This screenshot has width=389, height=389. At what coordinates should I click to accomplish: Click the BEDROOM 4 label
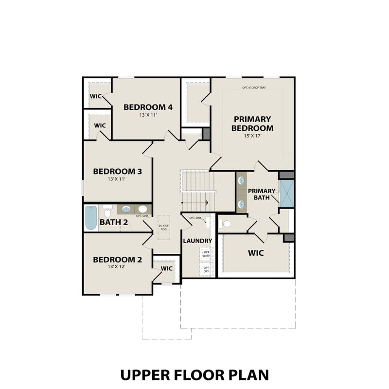coord(148,107)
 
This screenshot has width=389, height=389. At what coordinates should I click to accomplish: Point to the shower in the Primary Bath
coord(286,193)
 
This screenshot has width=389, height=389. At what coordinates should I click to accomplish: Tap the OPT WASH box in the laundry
coord(206,254)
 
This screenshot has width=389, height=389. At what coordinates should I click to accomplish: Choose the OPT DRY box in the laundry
coord(206,269)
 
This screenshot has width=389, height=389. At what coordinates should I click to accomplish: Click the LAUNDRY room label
coord(197,241)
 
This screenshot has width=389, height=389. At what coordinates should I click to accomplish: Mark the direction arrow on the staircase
coord(207,202)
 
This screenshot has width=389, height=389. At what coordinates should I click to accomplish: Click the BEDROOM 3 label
coord(117,171)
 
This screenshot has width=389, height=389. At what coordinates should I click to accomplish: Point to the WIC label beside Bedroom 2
coord(167,268)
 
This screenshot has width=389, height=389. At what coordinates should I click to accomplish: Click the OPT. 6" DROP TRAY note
coord(254,88)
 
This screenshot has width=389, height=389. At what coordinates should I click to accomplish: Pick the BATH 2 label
coord(114,223)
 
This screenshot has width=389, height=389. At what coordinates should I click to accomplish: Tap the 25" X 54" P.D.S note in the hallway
coord(164,226)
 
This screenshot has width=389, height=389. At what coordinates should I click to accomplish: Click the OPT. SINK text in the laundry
coord(195,218)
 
